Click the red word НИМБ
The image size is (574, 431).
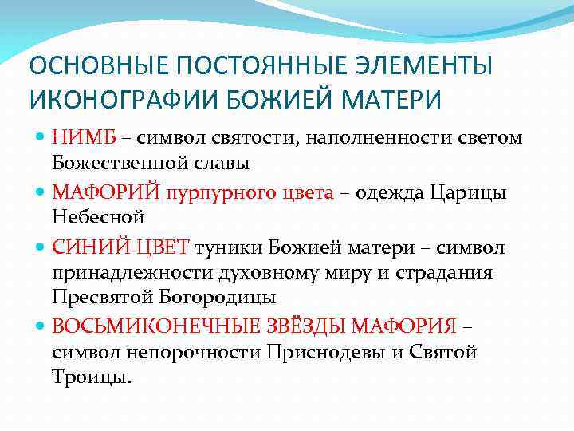(84, 138)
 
